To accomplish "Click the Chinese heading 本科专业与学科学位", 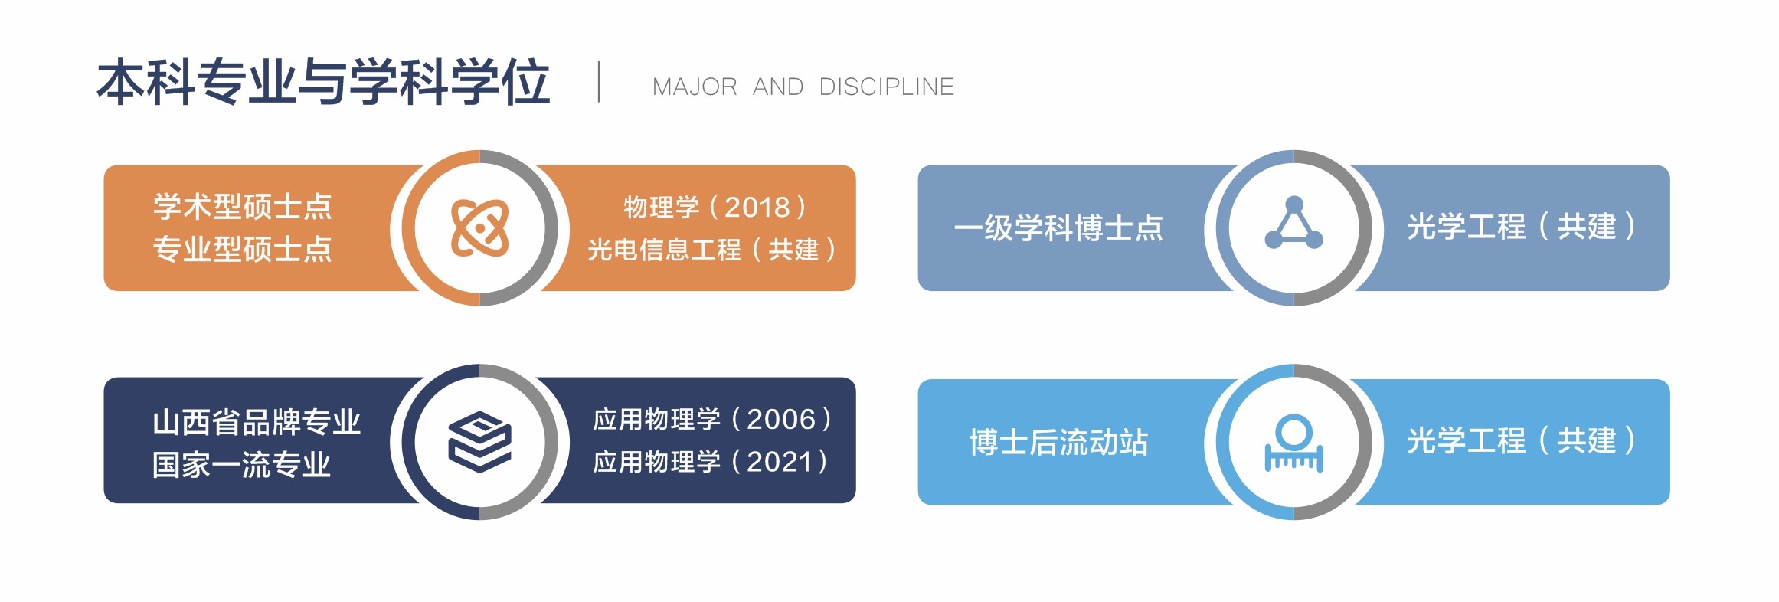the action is pyautogui.click(x=323, y=81).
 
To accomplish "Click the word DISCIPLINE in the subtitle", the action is pyautogui.click(x=887, y=87).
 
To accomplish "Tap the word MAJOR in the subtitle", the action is pyautogui.click(x=695, y=87).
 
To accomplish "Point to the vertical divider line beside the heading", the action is pyautogui.click(x=599, y=82).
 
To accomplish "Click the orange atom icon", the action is pyautogui.click(x=480, y=227).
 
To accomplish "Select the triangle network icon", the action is pyautogui.click(x=1293, y=223).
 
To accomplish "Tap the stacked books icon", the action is pyautogui.click(x=480, y=442).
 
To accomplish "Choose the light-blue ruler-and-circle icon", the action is pyautogui.click(x=1293, y=443).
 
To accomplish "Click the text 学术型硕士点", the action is pyautogui.click(x=242, y=207).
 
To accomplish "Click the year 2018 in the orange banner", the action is pyautogui.click(x=757, y=208).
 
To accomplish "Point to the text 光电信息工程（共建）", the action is pyautogui.click(x=712, y=250).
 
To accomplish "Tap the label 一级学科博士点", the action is pyautogui.click(x=1058, y=228).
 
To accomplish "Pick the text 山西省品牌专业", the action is pyautogui.click(x=257, y=422).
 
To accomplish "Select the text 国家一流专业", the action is pyautogui.click(x=242, y=465).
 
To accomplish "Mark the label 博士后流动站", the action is pyautogui.click(x=1058, y=443).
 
